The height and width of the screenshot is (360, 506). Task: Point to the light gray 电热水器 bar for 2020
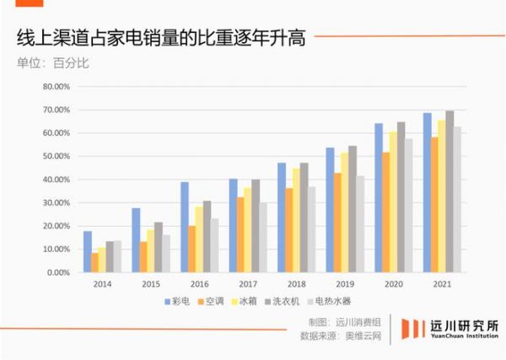[x=410, y=206]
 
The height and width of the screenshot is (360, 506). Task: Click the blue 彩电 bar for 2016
[x=184, y=227]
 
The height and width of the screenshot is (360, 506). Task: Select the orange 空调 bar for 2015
[x=144, y=257]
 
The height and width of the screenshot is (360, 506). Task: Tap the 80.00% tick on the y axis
[x=57, y=86]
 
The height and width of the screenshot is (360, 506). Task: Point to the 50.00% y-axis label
[x=57, y=156]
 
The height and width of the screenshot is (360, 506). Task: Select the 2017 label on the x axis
[x=247, y=283]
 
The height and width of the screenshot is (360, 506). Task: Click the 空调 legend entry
[x=221, y=300]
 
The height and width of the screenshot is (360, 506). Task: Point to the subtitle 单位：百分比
[x=51, y=62]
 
